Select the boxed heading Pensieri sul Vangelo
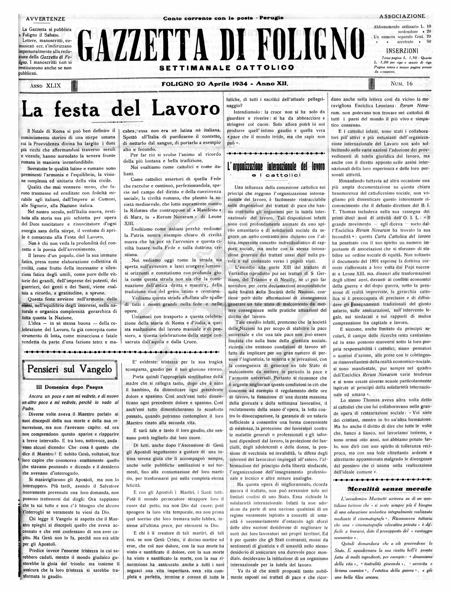[69, 369]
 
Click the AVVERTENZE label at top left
[45, 19]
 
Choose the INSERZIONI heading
[402, 51]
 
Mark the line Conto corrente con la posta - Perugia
[223, 18]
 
